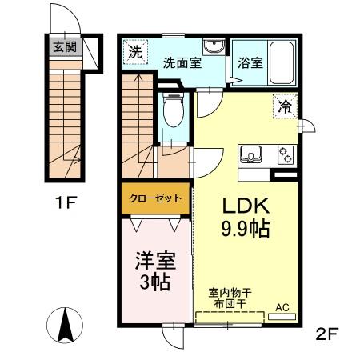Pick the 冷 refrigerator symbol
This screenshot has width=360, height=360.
pyautogui.click(x=285, y=105)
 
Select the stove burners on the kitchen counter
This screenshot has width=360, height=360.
pyautogui.click(x=286, y=153)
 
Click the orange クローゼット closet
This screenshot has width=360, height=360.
pyautogui.click(x=156, y=198)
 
